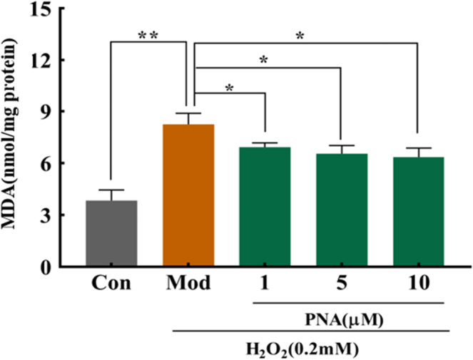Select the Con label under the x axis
(111, 284)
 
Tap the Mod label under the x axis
(188, 284)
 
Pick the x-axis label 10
(418, 284)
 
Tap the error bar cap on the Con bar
(111, 190)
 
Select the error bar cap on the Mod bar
(188, 113)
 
